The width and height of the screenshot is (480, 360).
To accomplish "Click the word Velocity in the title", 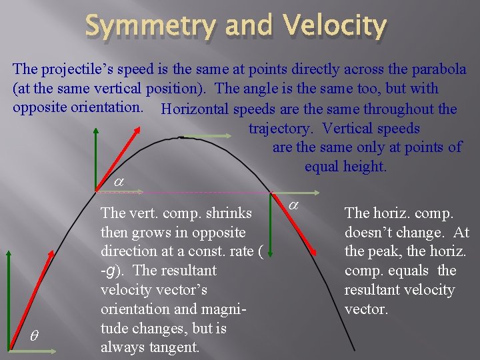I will (x=335, y=26).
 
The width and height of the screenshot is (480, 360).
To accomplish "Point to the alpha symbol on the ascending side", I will (x=118, y=181).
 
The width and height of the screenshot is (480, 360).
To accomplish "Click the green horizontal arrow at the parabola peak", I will (x=207, y=137).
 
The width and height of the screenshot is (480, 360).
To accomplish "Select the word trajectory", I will (x=279, y=128).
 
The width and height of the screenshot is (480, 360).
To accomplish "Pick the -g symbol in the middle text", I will (x=109, y=271).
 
